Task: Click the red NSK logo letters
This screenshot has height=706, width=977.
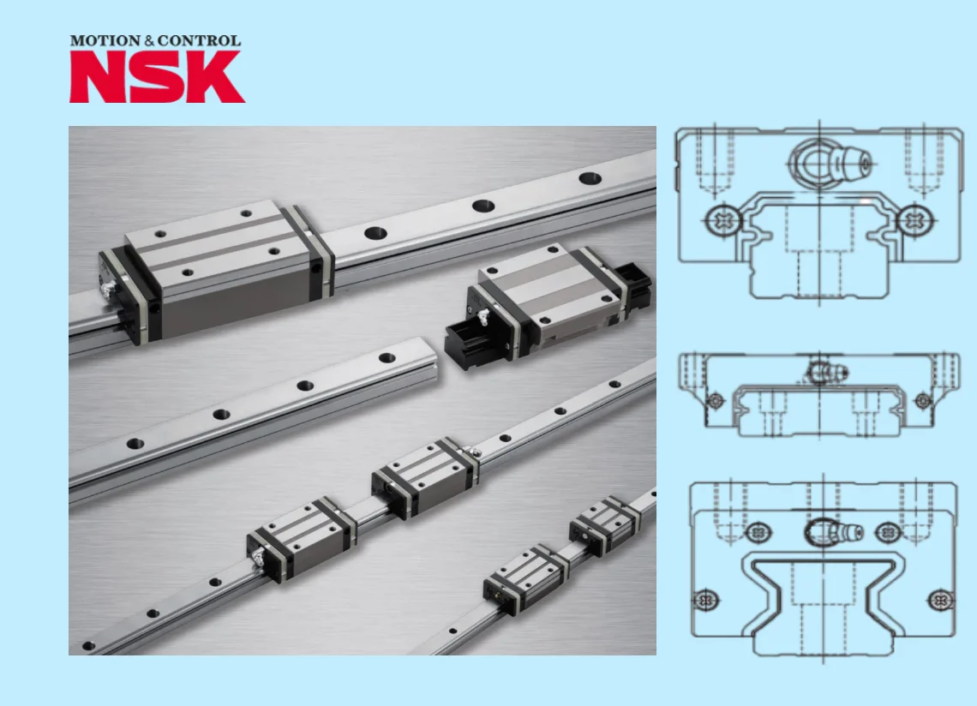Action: click(157, 77)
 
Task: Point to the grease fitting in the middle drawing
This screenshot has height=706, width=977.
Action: click(827, 371)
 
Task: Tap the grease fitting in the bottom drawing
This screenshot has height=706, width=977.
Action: click(836, 532)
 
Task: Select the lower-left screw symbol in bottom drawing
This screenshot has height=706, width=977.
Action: click(705, 597)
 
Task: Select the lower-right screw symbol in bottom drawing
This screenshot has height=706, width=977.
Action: click(940, 597)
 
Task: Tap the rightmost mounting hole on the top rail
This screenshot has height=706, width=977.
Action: click(590, 178)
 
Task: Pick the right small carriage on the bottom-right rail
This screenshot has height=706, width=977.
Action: click(605, 524)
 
